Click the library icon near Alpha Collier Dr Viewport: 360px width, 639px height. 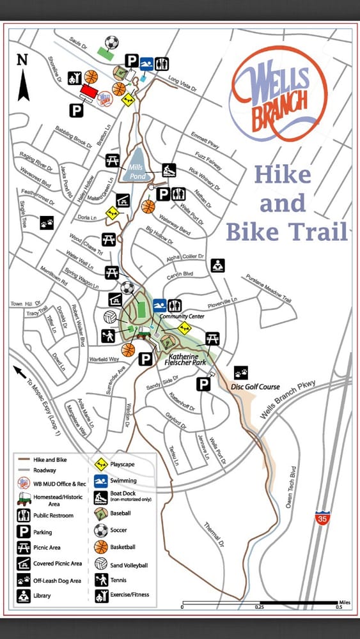tap(218, 265)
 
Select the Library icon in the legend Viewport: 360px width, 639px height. tap(24, 596)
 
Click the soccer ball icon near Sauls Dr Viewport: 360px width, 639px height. tap(112, 43)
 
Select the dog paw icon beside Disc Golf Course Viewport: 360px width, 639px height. tap(240, 372)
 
